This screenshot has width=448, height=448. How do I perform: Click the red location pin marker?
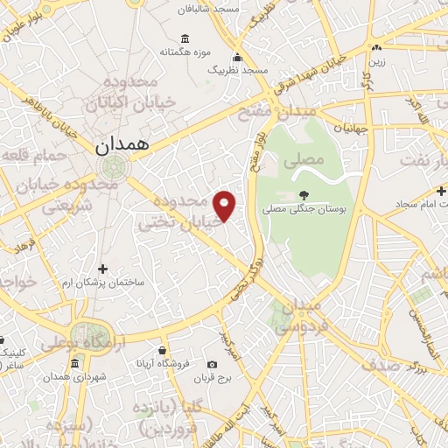[x=225, y=206]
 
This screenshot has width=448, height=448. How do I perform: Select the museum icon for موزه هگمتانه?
[x=185, y=38]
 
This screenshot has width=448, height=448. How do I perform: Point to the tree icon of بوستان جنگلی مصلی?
[x=304, y=195]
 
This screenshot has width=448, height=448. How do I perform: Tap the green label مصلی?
[x=304, y=160]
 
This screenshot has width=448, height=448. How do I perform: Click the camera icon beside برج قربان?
[x=212, y=364]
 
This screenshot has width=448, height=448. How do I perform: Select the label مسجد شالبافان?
[x=231, y=8]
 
